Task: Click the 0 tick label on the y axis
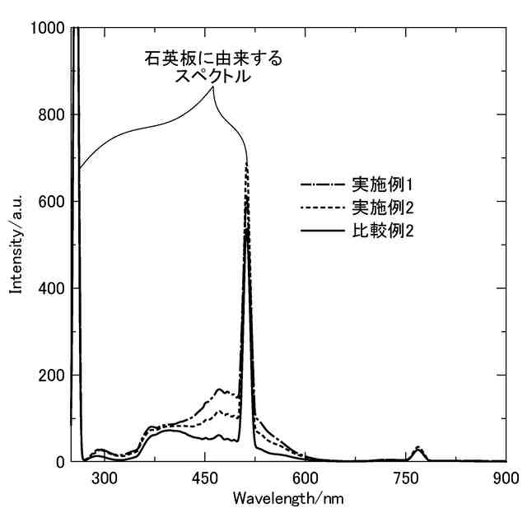tap(60, 462)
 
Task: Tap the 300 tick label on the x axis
tap(104, 478)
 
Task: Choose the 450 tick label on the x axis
tap(205, 478)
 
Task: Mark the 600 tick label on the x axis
tap(305, 478)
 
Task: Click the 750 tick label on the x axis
tap(406, 478)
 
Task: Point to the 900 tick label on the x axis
tap(506, 478)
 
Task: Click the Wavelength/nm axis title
tap(288, 499)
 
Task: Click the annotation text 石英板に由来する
tap(212, 59)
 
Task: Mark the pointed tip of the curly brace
tap(213, 86)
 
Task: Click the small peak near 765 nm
tap(418, 450)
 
